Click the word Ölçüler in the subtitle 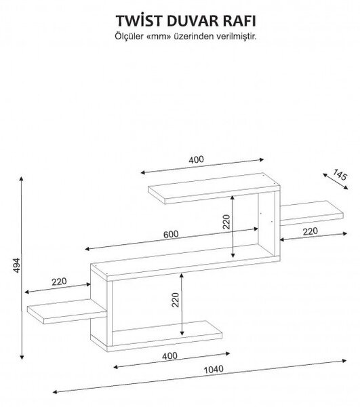coord(129,36)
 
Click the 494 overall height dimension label coord(16,265)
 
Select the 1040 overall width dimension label coord(213,369)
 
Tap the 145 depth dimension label coord(340,175)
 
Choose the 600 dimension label coord(171,235)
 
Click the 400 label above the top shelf coord(196,159)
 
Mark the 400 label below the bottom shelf coord(169,355)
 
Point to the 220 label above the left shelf coord(59,282)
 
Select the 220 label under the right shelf coord(311,231)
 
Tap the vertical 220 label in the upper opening coord(226,222)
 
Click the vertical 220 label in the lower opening coord(176,300)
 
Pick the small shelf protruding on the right coord(312,213)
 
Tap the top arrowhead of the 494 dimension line coord(22,178)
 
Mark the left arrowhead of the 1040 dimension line coord(55,392)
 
